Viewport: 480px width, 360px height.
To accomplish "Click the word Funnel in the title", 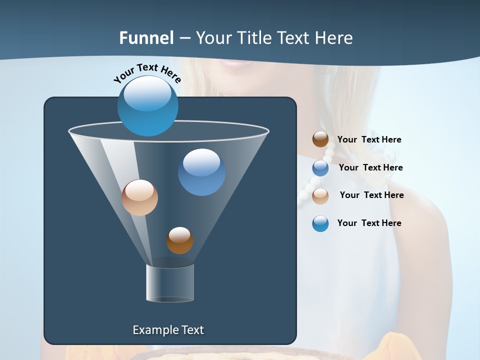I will pyautogui.click(x=146, y=38).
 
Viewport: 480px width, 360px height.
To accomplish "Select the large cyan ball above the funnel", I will pyautogui.click(x=147, y=105).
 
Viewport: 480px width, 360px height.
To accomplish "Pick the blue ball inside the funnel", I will pyautogui.click(x=201, y=172).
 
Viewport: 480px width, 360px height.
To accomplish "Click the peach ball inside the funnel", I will pyautogui.click(x=139, y=197).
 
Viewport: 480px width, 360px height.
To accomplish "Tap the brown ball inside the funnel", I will pyautogui.click(x=179, y=240).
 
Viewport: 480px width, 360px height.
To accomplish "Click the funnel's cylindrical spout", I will pyautogui.click(x=170, y=283).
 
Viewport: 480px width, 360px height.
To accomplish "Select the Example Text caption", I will pyautogui.click(x=168, y=330).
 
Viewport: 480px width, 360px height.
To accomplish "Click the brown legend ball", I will pyautogui.click(x=320, y=139).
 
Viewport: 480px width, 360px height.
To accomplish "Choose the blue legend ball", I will pyautogui.click(x=320, y=168).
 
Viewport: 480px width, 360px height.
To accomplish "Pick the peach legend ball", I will pyautogui.click(x=320, y=195).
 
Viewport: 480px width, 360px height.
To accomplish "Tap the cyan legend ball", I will pyautogui.click(x=320, y=223).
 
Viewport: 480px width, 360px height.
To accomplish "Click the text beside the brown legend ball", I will pyautogui.click(x=369, y=140).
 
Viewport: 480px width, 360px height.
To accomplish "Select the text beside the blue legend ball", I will pyautogui.click(x=370, y=168).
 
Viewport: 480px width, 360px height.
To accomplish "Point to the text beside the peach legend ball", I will pyautogui.click(x=371, y=195).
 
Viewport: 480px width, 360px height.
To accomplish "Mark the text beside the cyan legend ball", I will pyautogui.click(x=369, y=223).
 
